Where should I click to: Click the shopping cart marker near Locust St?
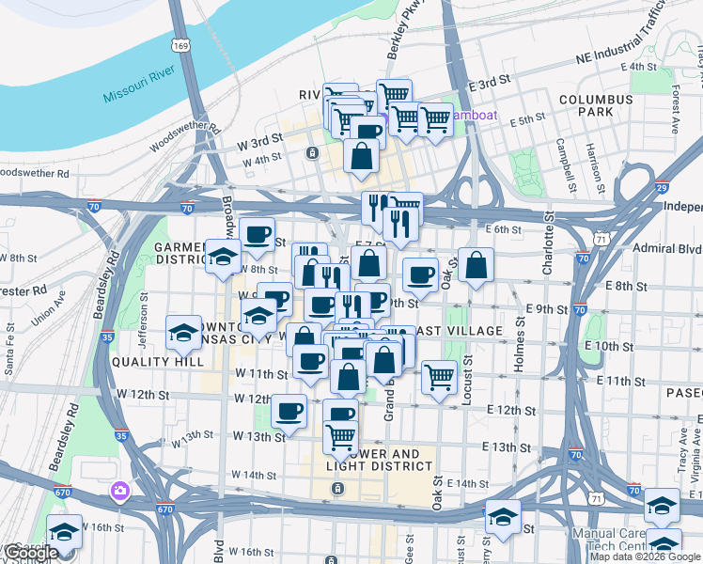(439, 378)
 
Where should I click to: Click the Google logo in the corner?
(30, 553)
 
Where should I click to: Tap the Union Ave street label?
(47, 314)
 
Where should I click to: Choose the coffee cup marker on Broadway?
(257, 235)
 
